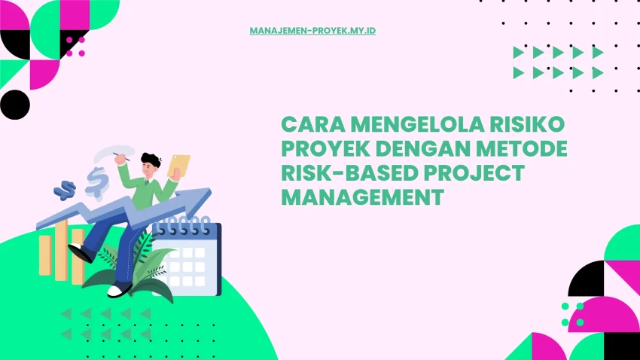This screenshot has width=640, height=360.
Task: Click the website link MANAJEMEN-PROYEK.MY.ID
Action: pyautogui.click(x=312, y=31)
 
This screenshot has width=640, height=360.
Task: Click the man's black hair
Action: pyautogui.click(x=151, y=160)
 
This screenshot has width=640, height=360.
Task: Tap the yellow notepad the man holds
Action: pyautogui.click(x=179, y=165)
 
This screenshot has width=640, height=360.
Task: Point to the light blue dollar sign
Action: pyautogui.click(x=96, y=181)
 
